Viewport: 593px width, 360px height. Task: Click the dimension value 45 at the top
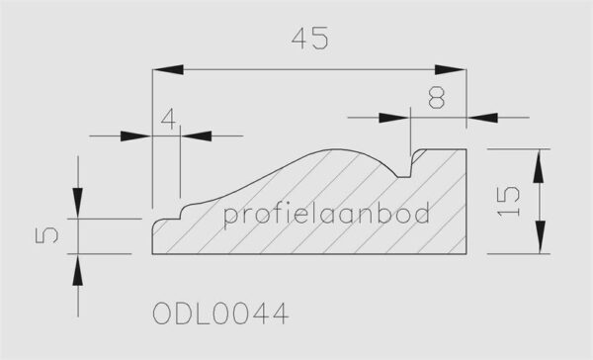(309, 39)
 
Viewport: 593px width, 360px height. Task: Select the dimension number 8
(437, 97)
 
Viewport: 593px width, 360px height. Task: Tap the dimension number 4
(169, 119)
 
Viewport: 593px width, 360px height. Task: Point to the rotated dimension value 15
(508, 202)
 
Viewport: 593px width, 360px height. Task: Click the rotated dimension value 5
(46, 235)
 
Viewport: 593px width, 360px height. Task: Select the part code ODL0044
(220, 314)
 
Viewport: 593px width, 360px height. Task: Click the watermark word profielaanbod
(327, 215)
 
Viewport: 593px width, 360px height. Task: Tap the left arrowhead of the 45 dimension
(168, 69)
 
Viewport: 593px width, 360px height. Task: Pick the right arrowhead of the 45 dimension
(451, 69)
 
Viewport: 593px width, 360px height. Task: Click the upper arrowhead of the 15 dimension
(539, 164)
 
